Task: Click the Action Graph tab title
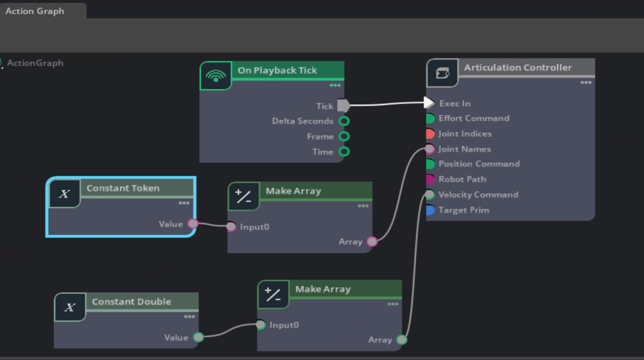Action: click(35, 11)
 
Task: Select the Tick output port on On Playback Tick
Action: click(343, 106)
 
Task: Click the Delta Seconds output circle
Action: click(344, 121)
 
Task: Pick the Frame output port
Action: click(344, 136)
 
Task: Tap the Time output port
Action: click(344, 152)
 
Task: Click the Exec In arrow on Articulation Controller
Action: click(429, 103)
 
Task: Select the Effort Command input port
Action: click(430, 118)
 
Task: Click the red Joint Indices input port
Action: click(430, 134)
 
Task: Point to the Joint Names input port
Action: click(430, 149)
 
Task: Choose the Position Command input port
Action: click(430, 164)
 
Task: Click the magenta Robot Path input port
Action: click(430, 179)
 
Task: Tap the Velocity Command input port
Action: click(430, 195)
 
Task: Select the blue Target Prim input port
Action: click(430, 210)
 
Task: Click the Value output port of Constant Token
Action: click(193, 224)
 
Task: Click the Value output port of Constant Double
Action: click(198, 337)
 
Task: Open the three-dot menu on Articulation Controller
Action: click(586, 83)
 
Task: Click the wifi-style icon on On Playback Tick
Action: click(216, 76)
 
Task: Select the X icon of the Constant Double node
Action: click(70, 307)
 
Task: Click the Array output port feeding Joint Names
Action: click(372, 241)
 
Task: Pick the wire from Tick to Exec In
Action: click(387, 104)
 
